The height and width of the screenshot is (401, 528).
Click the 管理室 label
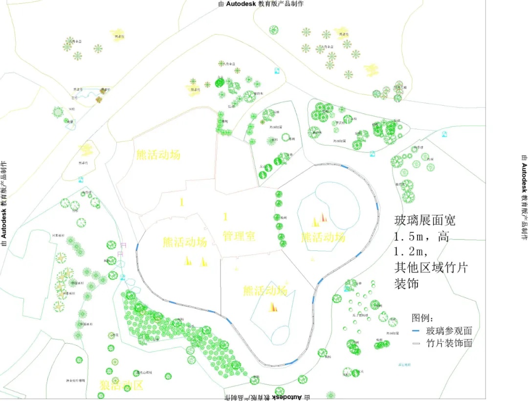click(239, 236)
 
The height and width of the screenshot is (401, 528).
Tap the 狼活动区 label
click(121, 385)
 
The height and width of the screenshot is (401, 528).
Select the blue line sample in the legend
click(417, 331)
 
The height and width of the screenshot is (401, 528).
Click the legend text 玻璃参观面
click(449, 331)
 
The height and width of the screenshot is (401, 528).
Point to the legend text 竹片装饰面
click(449, 343)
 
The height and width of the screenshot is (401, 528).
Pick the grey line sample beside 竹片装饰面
click(417, 343)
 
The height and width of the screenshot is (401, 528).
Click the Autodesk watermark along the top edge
click(261, 3)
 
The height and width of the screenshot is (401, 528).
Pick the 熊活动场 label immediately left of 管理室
click(184, 242)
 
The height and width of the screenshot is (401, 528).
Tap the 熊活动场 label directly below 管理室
click(264, 290)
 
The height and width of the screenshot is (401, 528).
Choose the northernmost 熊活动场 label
click(158, 155)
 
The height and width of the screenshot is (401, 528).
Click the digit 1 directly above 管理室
click(225, 217)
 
